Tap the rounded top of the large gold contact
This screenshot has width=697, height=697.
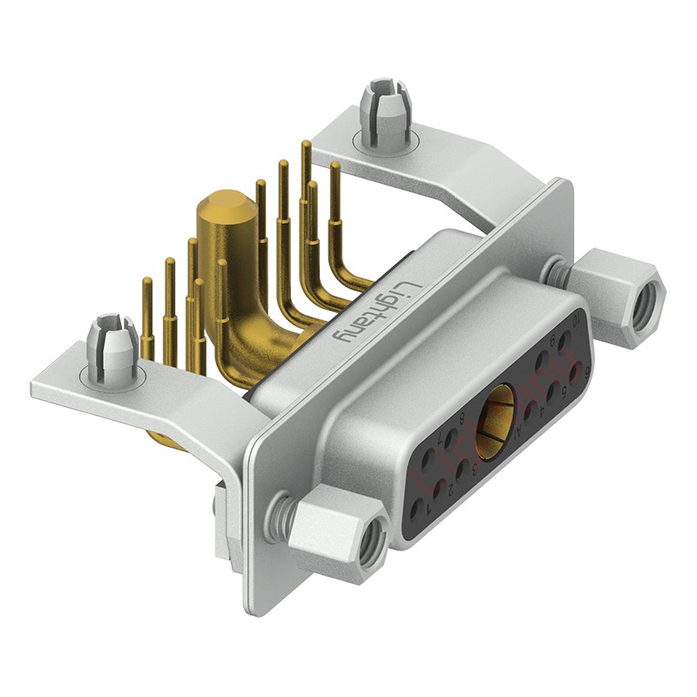225,210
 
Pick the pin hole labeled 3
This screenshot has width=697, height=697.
462,471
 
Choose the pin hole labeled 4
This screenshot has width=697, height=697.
530,410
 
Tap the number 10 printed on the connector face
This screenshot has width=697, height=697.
577,321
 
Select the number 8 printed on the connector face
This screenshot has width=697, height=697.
461,420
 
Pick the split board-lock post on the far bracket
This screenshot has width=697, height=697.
384,109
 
